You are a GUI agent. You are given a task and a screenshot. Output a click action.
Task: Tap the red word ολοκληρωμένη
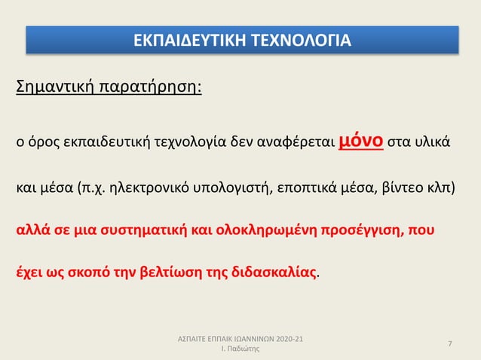250,228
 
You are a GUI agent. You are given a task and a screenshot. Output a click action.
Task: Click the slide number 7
450,344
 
